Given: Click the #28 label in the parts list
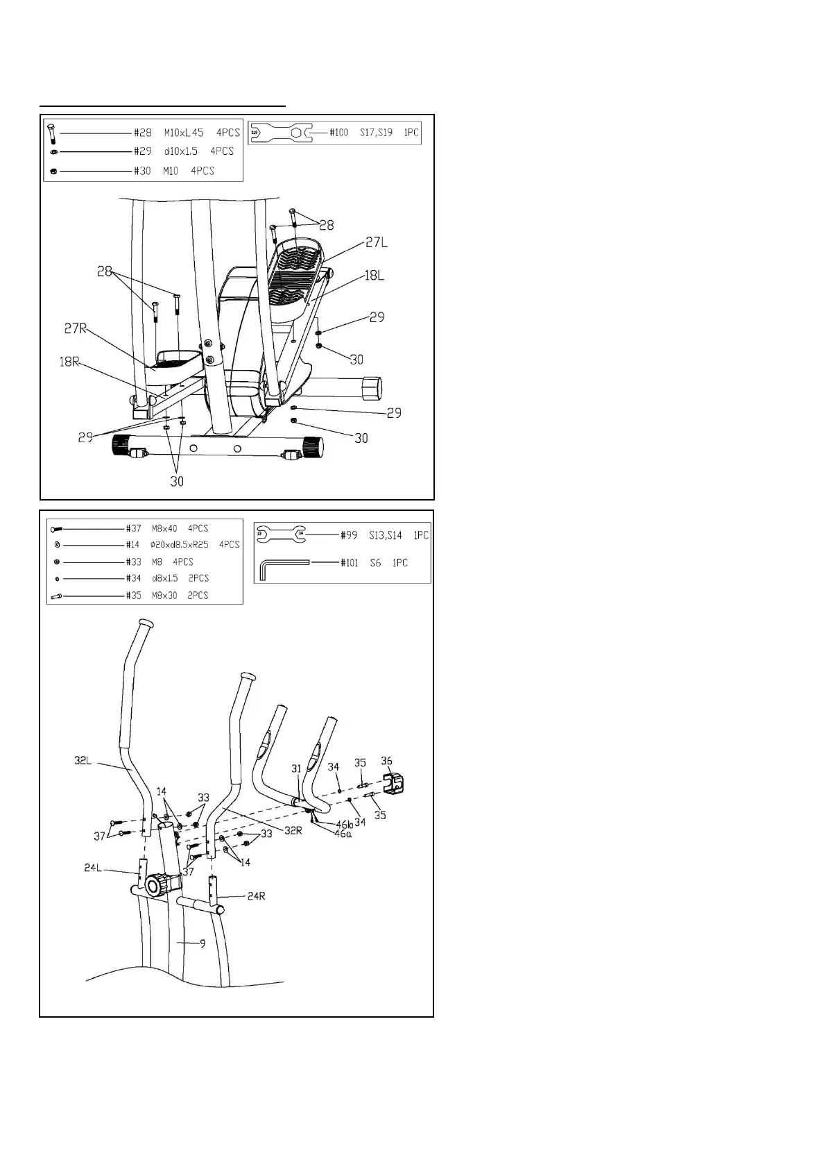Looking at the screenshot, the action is point(142,132).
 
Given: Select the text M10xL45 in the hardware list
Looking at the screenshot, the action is point(184,132).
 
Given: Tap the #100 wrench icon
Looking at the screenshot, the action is point(281,133).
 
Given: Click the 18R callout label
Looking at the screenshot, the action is point(70,361).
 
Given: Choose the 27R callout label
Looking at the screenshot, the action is point(76,328).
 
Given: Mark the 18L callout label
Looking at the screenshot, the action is point(373,276).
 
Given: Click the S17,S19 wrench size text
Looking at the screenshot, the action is point(376,132).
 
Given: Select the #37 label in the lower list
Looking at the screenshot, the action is point(134,528).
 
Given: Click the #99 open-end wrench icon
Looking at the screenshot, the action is point(281,535).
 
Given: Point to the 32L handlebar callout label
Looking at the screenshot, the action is point(83,761).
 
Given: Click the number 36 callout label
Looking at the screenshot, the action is point(386,761).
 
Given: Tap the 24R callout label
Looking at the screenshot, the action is point(256,895).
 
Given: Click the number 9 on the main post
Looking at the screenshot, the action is point(203,943).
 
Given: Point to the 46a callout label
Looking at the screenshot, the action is point(343,834).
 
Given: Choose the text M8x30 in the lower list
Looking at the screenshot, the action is point(164,595).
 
